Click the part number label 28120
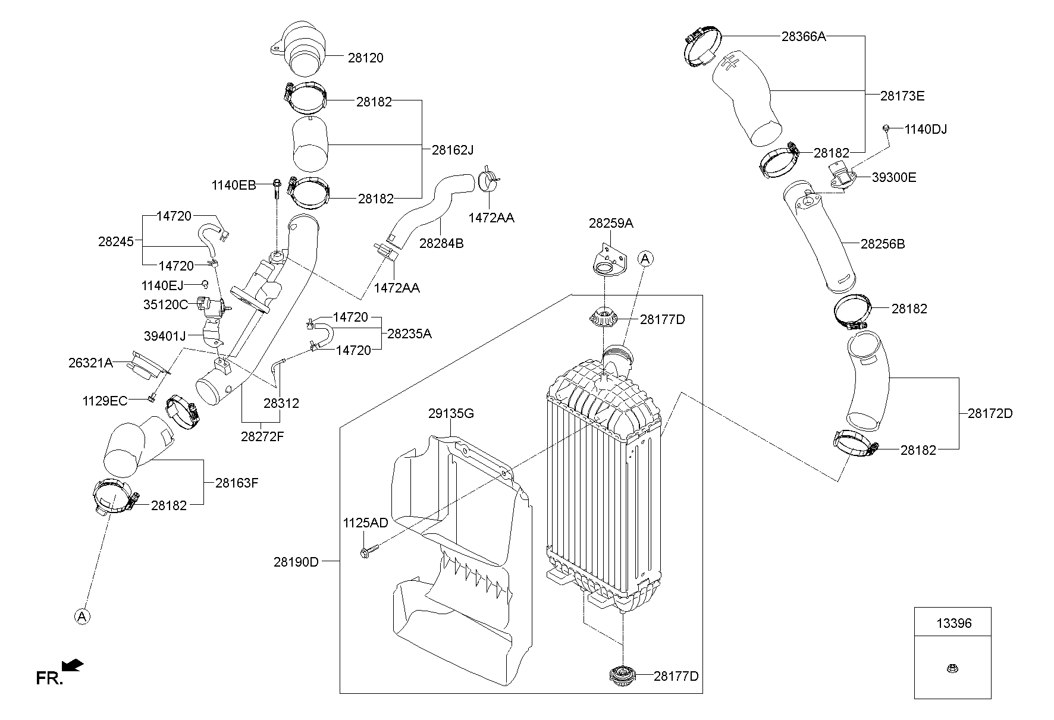[x=365, y=58]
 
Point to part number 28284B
[x=441, y=243]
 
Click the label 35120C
[x=165, y=304]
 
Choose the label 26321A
[x=90, y=362]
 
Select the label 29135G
[x=451, y=413]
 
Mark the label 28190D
[x=296, y=561]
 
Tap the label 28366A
[x=804, y=36]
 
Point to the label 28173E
[x=902, y=96]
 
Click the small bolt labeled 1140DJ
[x=886, y=128]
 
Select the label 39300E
[x=894, y=177]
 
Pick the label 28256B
[x=883, y=244]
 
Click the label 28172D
[x=990, y=413]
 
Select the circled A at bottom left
[x=82, y=617]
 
